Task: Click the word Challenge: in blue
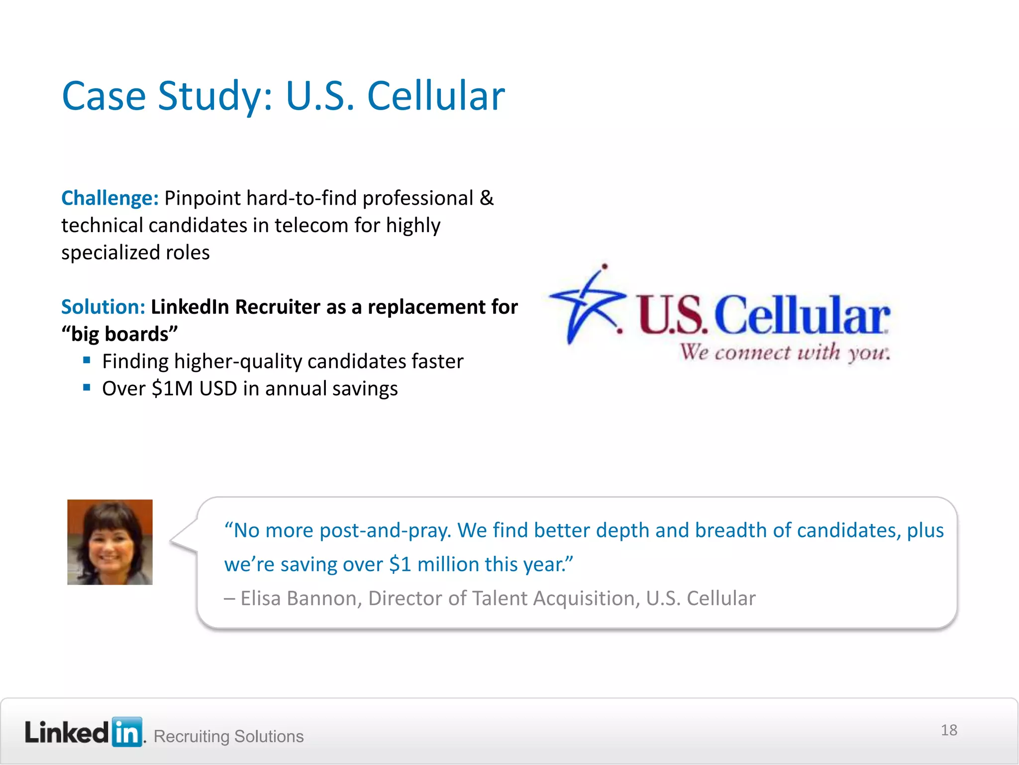[109, 198]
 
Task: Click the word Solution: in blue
[103, 307]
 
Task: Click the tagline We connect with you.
[785, 353]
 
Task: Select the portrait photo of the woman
[110, 542]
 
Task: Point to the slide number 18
[949, 730]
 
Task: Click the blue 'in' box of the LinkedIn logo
[127, 732]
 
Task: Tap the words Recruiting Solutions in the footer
[228, 736]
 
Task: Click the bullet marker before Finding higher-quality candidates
[87, 360]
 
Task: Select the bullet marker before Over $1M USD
[87, 387]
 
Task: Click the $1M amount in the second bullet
[172, 388]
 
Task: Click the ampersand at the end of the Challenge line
[487, 198]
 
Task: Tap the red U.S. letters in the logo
[672, 315]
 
